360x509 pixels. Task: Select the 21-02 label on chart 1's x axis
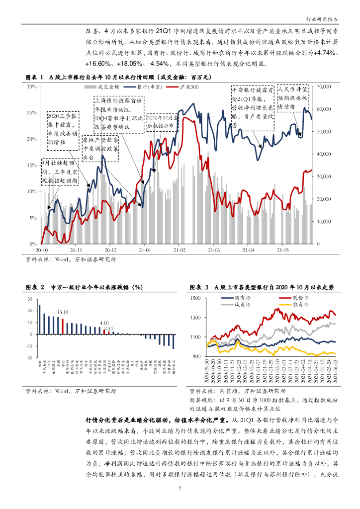click(179, 251)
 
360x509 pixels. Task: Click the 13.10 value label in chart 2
click(63, 312)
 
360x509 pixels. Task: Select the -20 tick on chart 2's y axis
click(29, 358)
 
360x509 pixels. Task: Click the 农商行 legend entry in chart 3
click(301, 303)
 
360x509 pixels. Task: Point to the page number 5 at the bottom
click(180, 488)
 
